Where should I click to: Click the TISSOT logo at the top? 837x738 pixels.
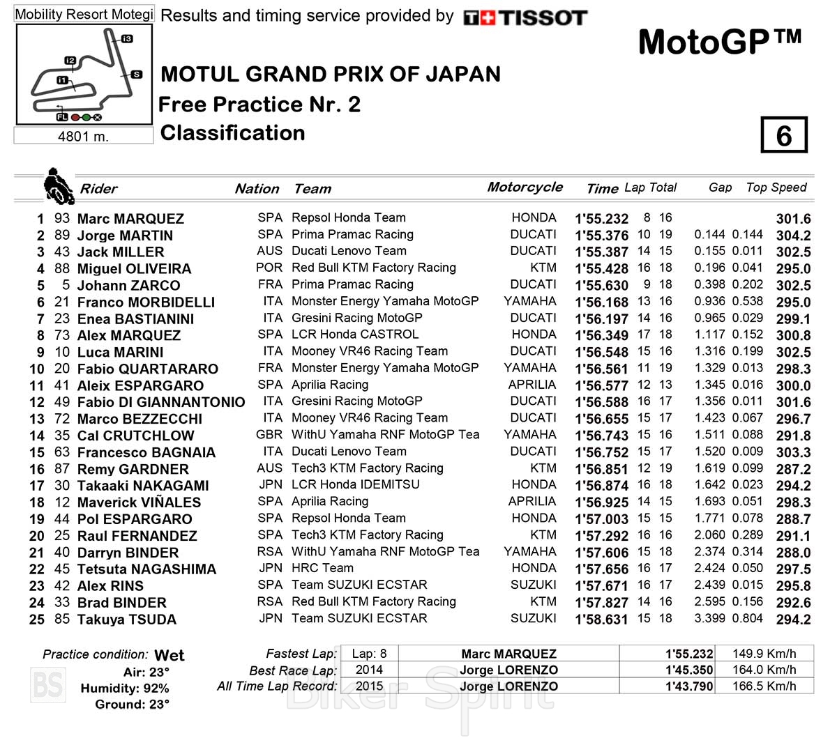pos(525,17)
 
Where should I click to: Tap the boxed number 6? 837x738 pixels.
pos(783,135)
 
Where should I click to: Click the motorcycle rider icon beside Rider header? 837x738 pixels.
pos(58,185)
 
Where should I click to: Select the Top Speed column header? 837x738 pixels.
pos(776,187)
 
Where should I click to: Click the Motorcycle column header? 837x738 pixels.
pos(525,187)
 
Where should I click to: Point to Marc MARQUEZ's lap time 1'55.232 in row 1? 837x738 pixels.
pos(601,219)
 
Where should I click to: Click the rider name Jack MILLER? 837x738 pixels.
pos(120,252)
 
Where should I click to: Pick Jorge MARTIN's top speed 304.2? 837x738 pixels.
pos(793,236)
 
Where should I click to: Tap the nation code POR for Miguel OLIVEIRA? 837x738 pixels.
pos(269,268)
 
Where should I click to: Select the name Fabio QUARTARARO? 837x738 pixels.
pos(147,369)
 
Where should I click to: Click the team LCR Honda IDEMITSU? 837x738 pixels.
pos(355,484)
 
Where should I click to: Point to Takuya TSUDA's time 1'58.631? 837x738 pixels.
pos(601,620)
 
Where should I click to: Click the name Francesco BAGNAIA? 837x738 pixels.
pos(146,453)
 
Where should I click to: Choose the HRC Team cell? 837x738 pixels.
pos(322,568)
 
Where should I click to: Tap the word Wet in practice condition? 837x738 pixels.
pos(169,655)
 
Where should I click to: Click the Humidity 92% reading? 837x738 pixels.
pos(125,689)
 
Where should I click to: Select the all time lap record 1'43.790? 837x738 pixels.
pos(689,686)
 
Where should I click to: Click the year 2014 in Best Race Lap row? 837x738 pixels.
pos(368,670)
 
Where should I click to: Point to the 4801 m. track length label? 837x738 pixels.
pos(83,136)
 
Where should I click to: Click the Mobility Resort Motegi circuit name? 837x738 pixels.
pos(84,14)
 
